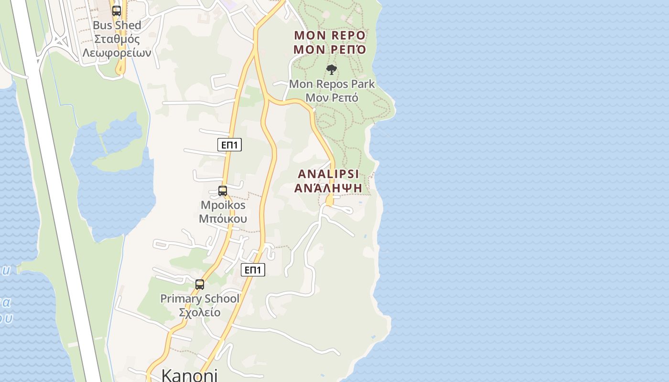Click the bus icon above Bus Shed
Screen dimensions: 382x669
(116, 11)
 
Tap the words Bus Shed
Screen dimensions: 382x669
(117, 25)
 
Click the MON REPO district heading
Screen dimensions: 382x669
(330, 35)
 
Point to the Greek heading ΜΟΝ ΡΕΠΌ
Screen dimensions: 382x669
(330, 50)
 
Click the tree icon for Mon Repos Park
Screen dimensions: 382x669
(332, 70)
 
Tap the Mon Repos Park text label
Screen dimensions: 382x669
(332, 84)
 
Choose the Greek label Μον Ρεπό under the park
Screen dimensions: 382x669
(332, 97)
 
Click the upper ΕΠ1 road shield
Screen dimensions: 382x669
(229, 145)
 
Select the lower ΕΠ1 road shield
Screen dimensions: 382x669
(252, 270)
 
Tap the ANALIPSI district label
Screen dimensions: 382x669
(328, 174)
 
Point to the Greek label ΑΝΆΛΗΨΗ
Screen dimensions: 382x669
(328, 188)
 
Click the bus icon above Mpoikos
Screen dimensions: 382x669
(223, 191)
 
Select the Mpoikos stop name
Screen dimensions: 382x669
(223, 205)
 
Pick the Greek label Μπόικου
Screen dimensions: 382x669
(223, 219)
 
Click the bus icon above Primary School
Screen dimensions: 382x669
(200, 285)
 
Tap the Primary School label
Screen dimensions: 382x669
(200, 299)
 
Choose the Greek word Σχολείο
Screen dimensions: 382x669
(200, 312)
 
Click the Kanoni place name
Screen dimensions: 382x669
(189, 374)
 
